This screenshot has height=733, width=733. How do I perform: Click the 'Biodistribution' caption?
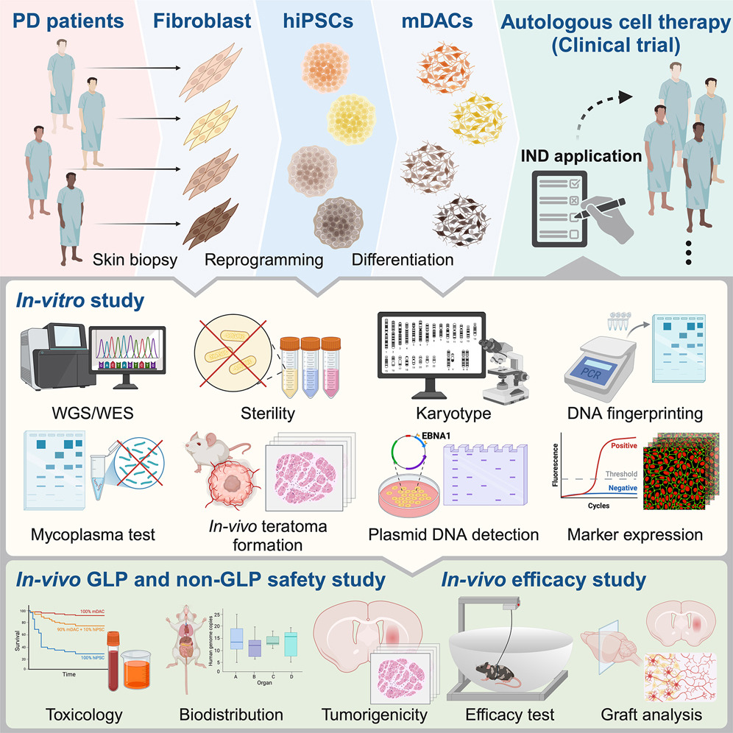tap(232, 714)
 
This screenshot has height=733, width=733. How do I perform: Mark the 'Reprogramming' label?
tap(264, 261)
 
